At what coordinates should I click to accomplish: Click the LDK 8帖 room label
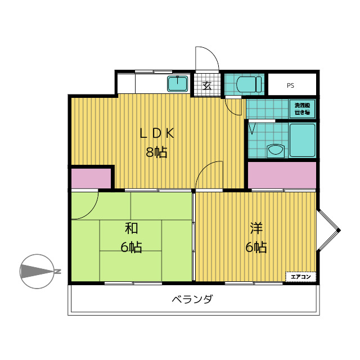[157, 142]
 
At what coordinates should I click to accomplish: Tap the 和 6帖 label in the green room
[132, 237]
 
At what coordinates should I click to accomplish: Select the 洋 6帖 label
[256, 237]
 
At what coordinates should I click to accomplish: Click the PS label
[290, 86]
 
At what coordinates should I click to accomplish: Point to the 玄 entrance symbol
[206, 86]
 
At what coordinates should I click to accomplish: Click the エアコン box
[301, 277]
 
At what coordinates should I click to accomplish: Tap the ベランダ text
[192, 299]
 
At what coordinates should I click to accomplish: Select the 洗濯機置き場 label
[303, 109]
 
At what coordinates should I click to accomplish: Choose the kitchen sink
[178, 84]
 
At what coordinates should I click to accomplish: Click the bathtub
[302, 141]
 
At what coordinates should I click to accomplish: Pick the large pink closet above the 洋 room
[282, 175]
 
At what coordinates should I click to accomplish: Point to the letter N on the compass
[57, 272]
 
